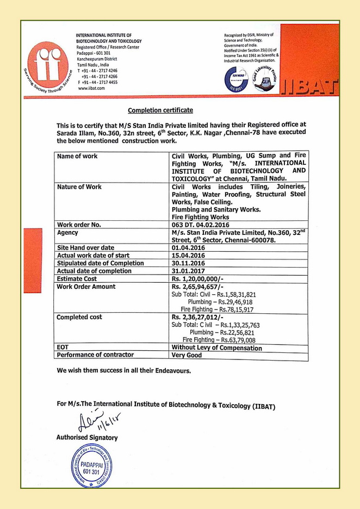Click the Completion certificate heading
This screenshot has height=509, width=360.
160,110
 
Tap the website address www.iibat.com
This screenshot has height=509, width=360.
91,88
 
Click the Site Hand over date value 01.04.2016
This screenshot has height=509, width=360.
188,248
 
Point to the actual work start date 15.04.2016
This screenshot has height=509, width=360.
188,256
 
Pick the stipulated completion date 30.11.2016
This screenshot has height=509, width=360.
188,263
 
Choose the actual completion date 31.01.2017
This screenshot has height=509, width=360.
188,271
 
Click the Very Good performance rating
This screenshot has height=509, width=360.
187,355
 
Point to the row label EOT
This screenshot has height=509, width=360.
63,347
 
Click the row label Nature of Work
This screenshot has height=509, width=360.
79,187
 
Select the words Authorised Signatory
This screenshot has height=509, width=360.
87,437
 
